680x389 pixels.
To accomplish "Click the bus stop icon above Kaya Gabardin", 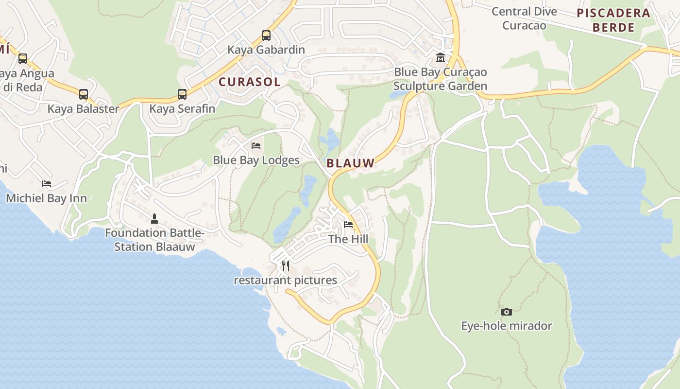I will point(266,35).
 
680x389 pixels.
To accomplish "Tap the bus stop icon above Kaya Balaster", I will point(84,94).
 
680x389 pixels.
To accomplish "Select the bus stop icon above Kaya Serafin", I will point(182,94).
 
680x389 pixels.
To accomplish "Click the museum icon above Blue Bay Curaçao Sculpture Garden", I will point(441,57).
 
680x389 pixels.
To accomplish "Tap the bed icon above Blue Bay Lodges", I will point(256,145).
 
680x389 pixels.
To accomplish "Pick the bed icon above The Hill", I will point(348,224).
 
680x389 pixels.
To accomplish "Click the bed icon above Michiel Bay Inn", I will point(47,184).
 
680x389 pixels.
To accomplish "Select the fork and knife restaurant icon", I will point(286,265).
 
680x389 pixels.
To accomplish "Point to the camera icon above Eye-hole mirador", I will point(507,312).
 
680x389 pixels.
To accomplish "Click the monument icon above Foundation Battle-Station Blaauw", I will point(154,218).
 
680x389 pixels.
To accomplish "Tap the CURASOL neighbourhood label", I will point(250,82).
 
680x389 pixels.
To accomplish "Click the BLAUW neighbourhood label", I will point(351,163).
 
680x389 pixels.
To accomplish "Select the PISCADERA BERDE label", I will point(613,20).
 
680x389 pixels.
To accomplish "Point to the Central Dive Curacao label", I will point(524,18).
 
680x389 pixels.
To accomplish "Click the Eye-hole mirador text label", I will point(507,326).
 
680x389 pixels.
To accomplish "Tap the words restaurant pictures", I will point(286,280).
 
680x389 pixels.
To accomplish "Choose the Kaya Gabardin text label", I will point(266,50).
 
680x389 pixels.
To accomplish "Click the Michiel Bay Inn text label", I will point(47,198).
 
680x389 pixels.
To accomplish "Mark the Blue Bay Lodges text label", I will point(256,160).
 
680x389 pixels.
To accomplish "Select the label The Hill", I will point(348,239).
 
